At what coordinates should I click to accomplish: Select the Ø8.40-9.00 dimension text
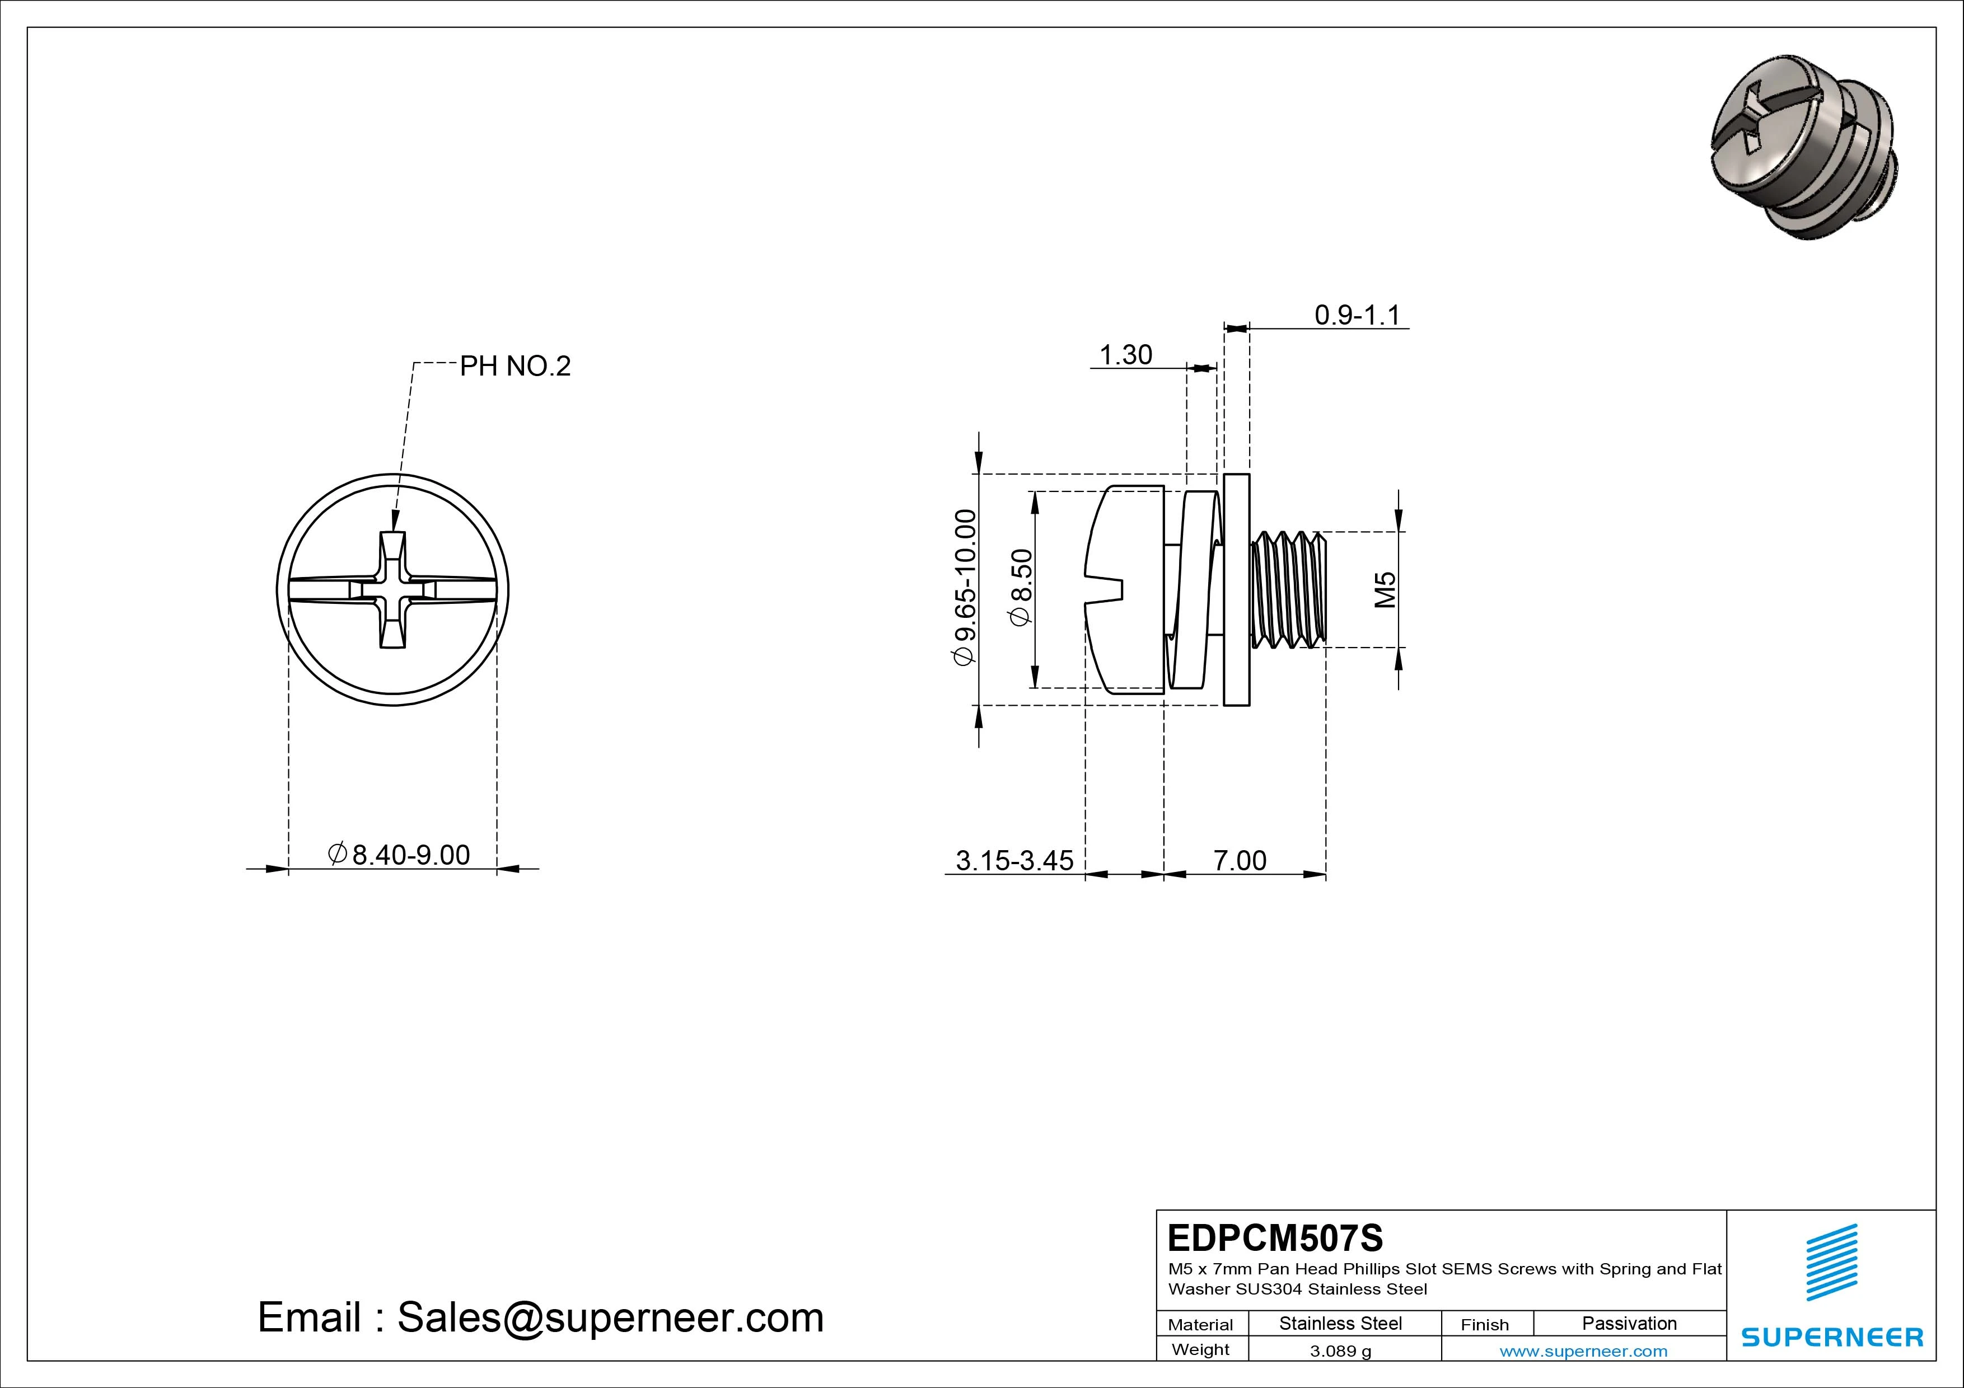click(x=400, y=855)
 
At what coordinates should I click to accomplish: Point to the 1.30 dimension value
click(x=1125, y=355)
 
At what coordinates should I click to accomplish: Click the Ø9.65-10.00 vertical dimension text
click(x=965, y=588)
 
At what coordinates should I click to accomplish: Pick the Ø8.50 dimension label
click(x=1022, y=588)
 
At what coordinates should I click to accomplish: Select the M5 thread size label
click(x=1385, y=589)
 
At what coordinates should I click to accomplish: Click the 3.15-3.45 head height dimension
click(x=1014, y=860)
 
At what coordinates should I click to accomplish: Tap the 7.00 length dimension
click(x=1240, y=860)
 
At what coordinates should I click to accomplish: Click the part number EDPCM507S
click(x=1275, y=1237)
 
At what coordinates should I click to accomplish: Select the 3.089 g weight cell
click(x=1340, y=1351)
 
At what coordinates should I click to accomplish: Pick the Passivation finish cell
click(x=1629, y=1323)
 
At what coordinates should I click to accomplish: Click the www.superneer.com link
click(x=1583, y=1351)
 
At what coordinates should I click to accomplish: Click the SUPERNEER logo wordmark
click(x=1832, y=1337)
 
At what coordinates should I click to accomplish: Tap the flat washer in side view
click(x=1236, y=589)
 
